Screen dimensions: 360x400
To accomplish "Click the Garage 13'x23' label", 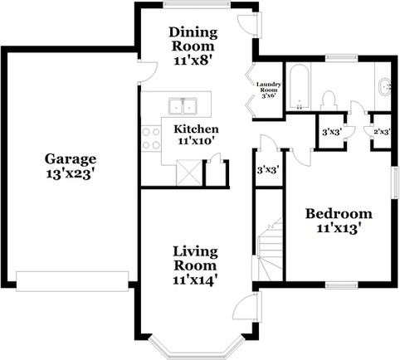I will point(71,166).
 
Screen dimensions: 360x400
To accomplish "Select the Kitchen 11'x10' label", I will point(196,135).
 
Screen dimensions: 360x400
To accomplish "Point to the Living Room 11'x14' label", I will point(195,265).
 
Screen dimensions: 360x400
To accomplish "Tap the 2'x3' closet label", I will point(382,132).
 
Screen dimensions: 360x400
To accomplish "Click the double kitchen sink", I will point(183,106).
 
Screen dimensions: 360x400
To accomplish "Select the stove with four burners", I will point(150,137).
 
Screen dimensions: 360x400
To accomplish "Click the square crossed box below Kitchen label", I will point(188,176).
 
